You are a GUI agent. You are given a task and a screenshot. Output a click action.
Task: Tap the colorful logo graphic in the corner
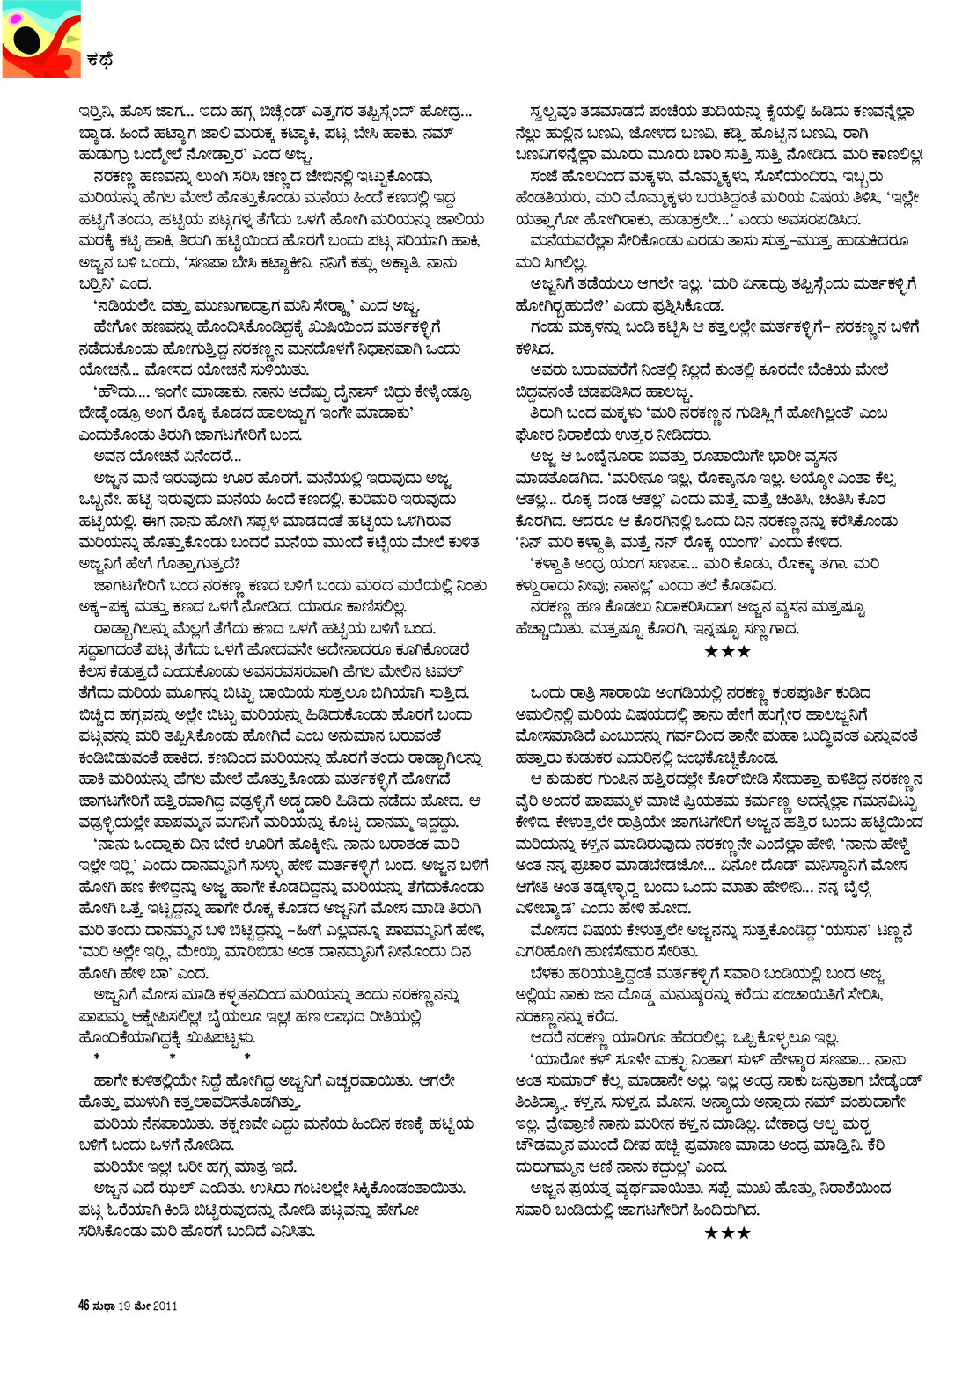(40, 40)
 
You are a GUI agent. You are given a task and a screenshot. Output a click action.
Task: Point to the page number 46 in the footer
(84, 1306)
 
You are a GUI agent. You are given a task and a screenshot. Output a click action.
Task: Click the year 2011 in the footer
(165, 1306)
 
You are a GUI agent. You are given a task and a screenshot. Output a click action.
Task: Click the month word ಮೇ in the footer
(141, 1306)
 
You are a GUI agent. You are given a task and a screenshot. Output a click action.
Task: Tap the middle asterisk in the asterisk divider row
(173, 1057)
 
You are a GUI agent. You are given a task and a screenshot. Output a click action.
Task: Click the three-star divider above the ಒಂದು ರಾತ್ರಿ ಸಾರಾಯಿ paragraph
(727, 652)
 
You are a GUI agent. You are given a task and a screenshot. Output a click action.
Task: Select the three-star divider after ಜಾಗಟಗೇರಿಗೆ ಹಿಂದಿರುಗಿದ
(727, 1233)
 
